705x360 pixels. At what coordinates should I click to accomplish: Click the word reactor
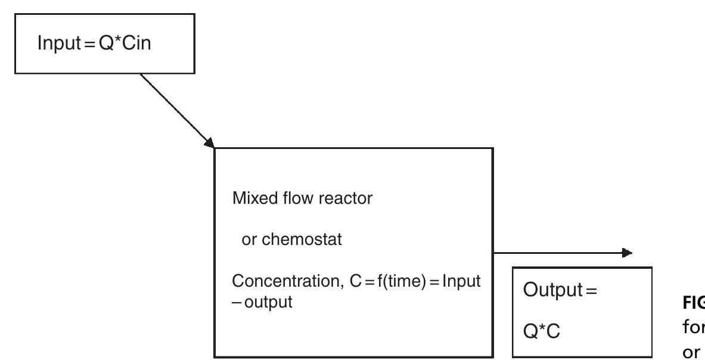pyautogui.click(x=337, y=198)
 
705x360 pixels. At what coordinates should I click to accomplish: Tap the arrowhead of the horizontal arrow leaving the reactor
pyautogui.click(x=626, y=253)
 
